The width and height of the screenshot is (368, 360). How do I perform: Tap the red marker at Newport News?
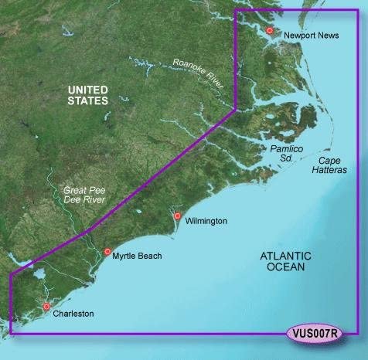coord(270,31)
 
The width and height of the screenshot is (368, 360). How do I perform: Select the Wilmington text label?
coord(206,221)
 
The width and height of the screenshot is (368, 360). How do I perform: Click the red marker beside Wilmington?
coord(177,216)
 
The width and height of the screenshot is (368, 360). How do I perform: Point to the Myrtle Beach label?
coord(138,255)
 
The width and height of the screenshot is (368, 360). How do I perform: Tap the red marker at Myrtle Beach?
coord(107,251)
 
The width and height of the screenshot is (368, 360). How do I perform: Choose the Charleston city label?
coord(73,314)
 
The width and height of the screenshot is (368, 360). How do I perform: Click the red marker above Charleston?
coord(46,307)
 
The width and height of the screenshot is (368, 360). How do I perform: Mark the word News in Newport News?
coord(329,35)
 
